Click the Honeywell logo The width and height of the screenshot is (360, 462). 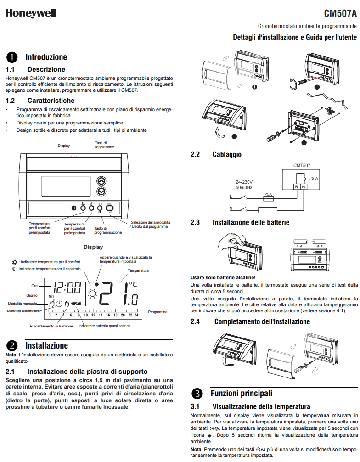pos(31,13)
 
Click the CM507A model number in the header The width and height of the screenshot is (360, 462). pos(340,13)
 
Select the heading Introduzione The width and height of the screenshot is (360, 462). pos(46,57)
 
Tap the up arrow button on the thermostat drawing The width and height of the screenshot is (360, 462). pos(101,180)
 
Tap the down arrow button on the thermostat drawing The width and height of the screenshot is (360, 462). pos(101,191)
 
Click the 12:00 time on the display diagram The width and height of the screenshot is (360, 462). pos(67,288)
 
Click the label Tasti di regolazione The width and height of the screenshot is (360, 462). pos(101,145)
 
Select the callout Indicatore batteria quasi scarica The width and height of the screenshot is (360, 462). pos(104,326)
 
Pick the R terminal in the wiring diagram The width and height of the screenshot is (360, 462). pos(297,187)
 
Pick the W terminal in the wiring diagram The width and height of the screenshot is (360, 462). pos(304,187)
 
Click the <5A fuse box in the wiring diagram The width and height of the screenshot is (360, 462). pos(268,198)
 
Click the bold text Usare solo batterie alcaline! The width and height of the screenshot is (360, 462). pos(223,277)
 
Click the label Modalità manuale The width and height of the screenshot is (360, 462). pos(21,304)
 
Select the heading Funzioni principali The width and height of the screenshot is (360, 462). pos(241,394)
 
